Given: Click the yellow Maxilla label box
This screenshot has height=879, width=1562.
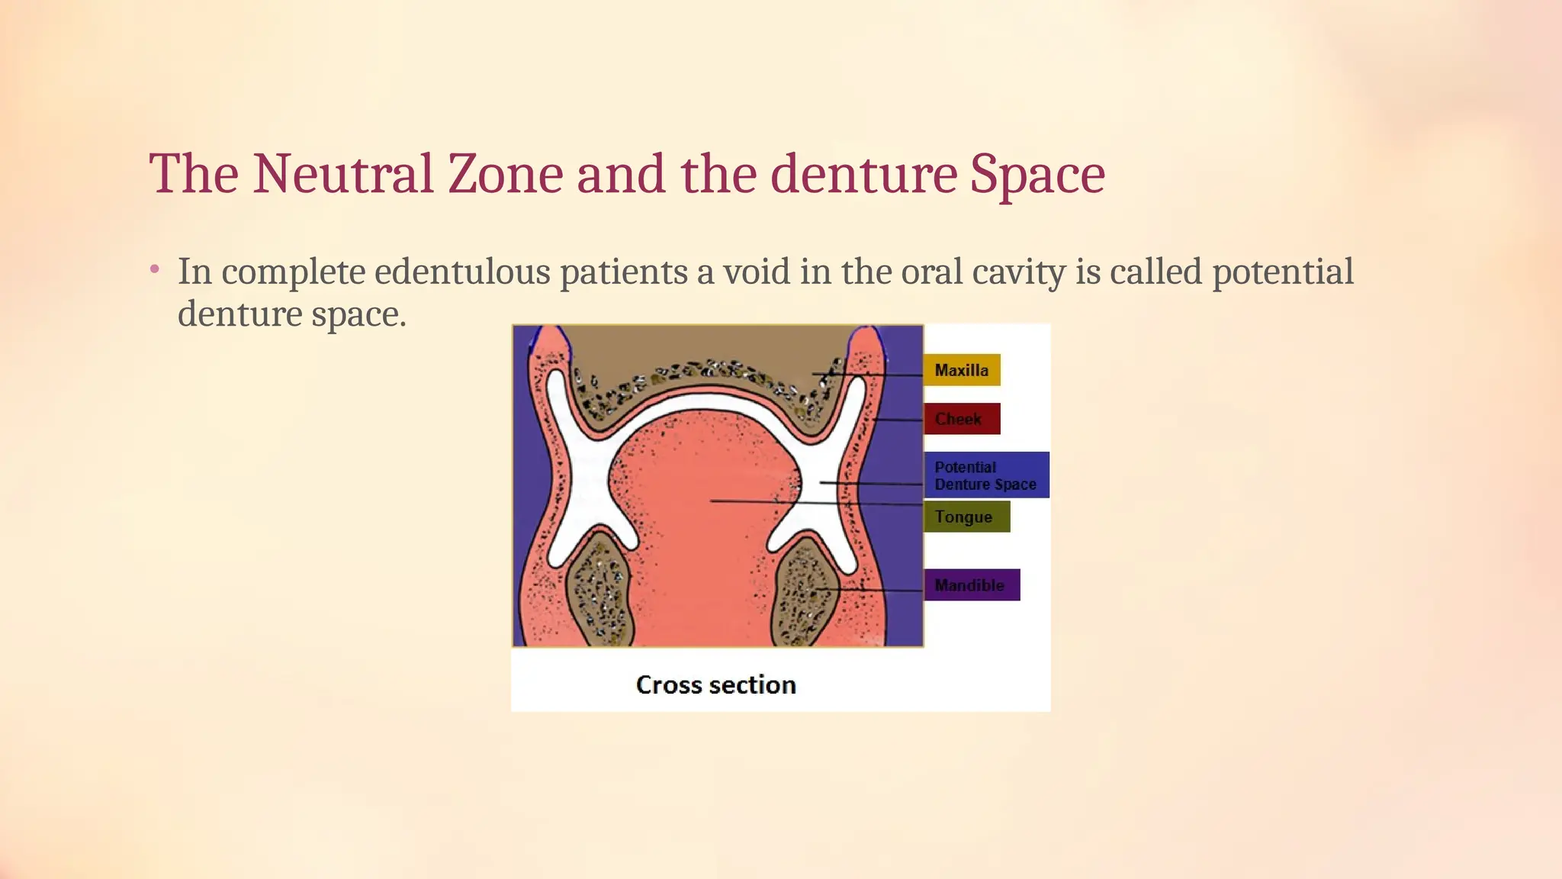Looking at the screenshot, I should (961, 370).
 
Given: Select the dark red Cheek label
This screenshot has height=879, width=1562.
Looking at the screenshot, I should (961, 419).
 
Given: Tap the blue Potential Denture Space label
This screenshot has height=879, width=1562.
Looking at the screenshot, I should (985, 475).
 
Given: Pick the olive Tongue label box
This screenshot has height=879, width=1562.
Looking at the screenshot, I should (966, 517).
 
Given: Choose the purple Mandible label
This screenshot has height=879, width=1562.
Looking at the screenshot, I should (971, 585).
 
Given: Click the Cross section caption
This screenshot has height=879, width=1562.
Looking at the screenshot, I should (715, 685).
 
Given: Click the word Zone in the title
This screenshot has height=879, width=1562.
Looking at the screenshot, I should (504, 174).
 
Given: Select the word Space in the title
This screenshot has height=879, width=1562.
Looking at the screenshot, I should (1037, 174).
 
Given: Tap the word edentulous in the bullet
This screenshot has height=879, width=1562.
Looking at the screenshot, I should (462, 272).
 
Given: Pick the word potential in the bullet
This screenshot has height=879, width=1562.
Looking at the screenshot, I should (1282, 272).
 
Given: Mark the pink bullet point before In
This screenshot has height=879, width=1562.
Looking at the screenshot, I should (155, 269).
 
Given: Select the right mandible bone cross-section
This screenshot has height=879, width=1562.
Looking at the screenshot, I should (802, 591).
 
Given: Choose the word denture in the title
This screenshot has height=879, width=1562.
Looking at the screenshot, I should (863, 174).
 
